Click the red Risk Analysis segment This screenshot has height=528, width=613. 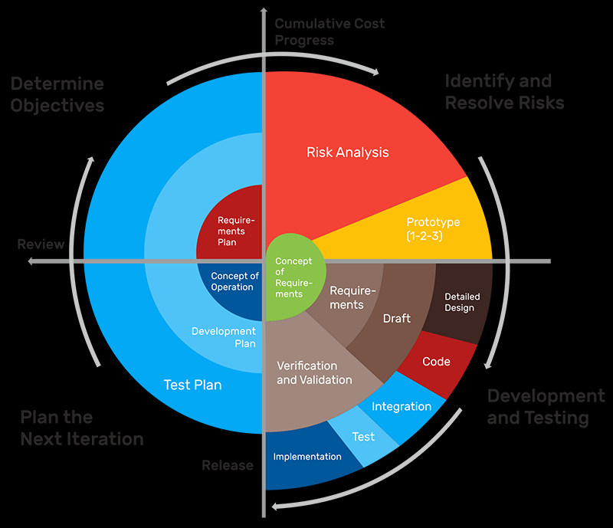[348, 152]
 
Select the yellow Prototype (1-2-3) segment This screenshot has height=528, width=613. [433, 228]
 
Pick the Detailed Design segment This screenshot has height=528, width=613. [460, 302]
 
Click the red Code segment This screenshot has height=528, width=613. [437, 362]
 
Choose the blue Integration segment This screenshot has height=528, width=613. [402, 406]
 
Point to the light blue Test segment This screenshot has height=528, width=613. [363, 437]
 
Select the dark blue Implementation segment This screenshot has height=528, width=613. [307, 457]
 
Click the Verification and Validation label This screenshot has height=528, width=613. [314, 372]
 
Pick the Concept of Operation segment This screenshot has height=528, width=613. [234, 281]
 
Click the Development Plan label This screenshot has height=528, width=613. [224, 337]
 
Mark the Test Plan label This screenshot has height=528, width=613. [192, 385]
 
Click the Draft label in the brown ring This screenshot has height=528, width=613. [396, 318]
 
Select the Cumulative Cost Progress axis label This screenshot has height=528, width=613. [329, 31]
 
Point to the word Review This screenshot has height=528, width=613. [41, 244]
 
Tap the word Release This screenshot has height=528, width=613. [228, 465]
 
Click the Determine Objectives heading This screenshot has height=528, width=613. [57, 94]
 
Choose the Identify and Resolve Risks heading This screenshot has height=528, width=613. [504, 92]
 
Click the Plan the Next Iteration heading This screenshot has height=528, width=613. [81, 428]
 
